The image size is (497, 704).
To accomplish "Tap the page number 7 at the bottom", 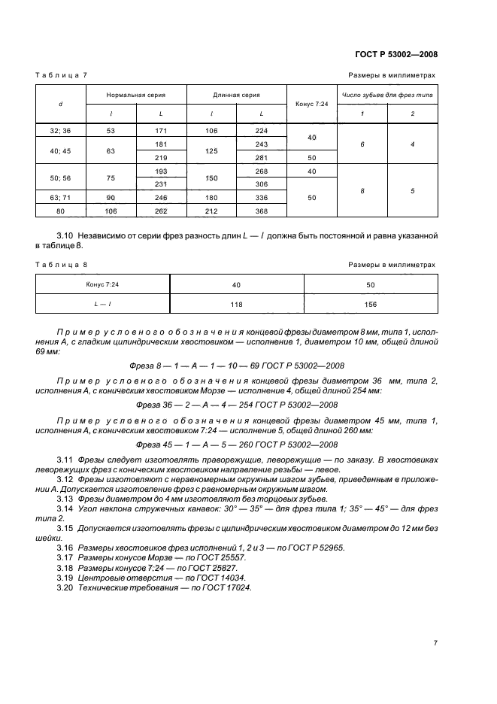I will click(x=435, y=642).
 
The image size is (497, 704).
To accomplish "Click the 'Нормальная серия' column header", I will click(x=136, y=96).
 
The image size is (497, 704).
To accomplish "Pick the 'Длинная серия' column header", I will click(x=236, y=96).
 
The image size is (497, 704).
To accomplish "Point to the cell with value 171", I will click(x=161, y=130).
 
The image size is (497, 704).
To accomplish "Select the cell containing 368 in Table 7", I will click(x=261, y=211).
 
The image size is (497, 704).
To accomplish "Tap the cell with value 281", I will click(x=261, y=157).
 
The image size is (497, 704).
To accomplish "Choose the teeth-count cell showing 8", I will click(x=362, y=191).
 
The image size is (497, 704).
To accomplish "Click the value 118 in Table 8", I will click(x=237, y=304).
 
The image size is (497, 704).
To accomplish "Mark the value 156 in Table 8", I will click(x=371, y=304).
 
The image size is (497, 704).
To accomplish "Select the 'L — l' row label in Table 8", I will click(x=103, y=304).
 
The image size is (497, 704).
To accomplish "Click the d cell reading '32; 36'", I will click(x=61, y=130).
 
